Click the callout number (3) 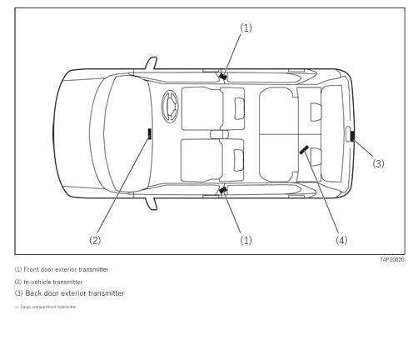[378, 164]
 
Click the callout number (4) [341, 240]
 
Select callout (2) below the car [95, 240]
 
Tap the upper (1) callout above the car [246, 27]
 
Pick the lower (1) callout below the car [246, 240]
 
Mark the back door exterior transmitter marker [352, 136]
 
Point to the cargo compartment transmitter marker [304, 150]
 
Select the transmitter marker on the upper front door [222, 76]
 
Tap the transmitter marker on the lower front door [222, 191]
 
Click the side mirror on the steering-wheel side [151, 62]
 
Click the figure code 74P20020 [391, 260]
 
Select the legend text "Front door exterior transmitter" [61, 269]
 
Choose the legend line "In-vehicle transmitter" [49, 282]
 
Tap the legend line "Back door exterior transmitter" [69, 293]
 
